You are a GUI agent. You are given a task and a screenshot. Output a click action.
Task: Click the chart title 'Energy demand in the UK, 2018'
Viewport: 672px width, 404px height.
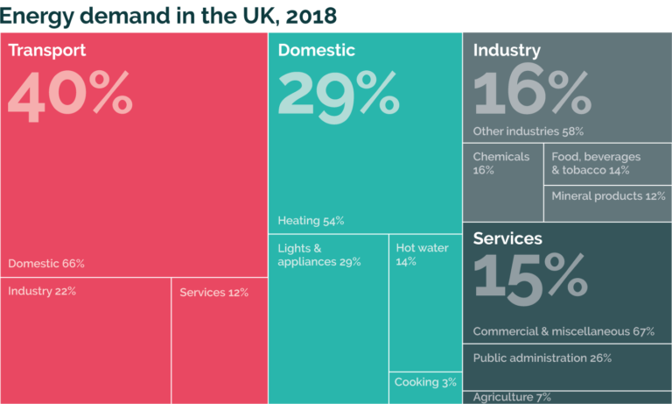(x=169, y=15)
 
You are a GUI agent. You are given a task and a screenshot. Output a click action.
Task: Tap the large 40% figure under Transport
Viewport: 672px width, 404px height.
(x=70, y=95)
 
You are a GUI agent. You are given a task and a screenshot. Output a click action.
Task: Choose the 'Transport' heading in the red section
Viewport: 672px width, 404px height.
(x=47, y=51)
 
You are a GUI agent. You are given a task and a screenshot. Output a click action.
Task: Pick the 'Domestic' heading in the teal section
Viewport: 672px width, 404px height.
(x=317, y=51)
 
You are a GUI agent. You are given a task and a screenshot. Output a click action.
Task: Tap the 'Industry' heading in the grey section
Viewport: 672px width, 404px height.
(x=507, y=51)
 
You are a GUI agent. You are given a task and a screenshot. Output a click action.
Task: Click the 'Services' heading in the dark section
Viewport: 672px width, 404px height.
(x=507, y=238)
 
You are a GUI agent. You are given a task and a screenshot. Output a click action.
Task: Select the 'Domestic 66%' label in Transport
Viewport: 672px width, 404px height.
(x=46, y=264)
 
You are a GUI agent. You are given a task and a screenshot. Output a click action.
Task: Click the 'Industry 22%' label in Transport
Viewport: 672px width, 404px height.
(x=42, y=292)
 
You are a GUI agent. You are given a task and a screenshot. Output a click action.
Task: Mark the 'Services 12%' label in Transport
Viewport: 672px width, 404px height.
(x=214, y=293)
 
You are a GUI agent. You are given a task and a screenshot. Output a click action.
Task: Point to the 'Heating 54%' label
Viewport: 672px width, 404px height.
(x=311, y=221)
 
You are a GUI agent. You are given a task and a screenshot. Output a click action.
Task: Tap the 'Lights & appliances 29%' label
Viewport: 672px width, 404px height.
(x=319, y=255)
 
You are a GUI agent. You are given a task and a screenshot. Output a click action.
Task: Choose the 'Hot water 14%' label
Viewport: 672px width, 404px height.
(x=422, y=255)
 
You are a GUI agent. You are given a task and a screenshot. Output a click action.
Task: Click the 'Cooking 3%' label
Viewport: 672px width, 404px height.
(x=425, y=383)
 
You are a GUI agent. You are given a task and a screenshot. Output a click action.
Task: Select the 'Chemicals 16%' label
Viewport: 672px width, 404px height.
(x=501, y=163)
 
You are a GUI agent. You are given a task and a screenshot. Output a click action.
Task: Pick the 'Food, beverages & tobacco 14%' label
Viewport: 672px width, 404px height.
(x=596, y=163)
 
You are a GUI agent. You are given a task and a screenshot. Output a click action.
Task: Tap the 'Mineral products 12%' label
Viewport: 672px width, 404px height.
(x=608, y=196)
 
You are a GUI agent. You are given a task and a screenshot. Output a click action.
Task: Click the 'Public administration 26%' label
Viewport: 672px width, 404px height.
(x=542, y=358)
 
